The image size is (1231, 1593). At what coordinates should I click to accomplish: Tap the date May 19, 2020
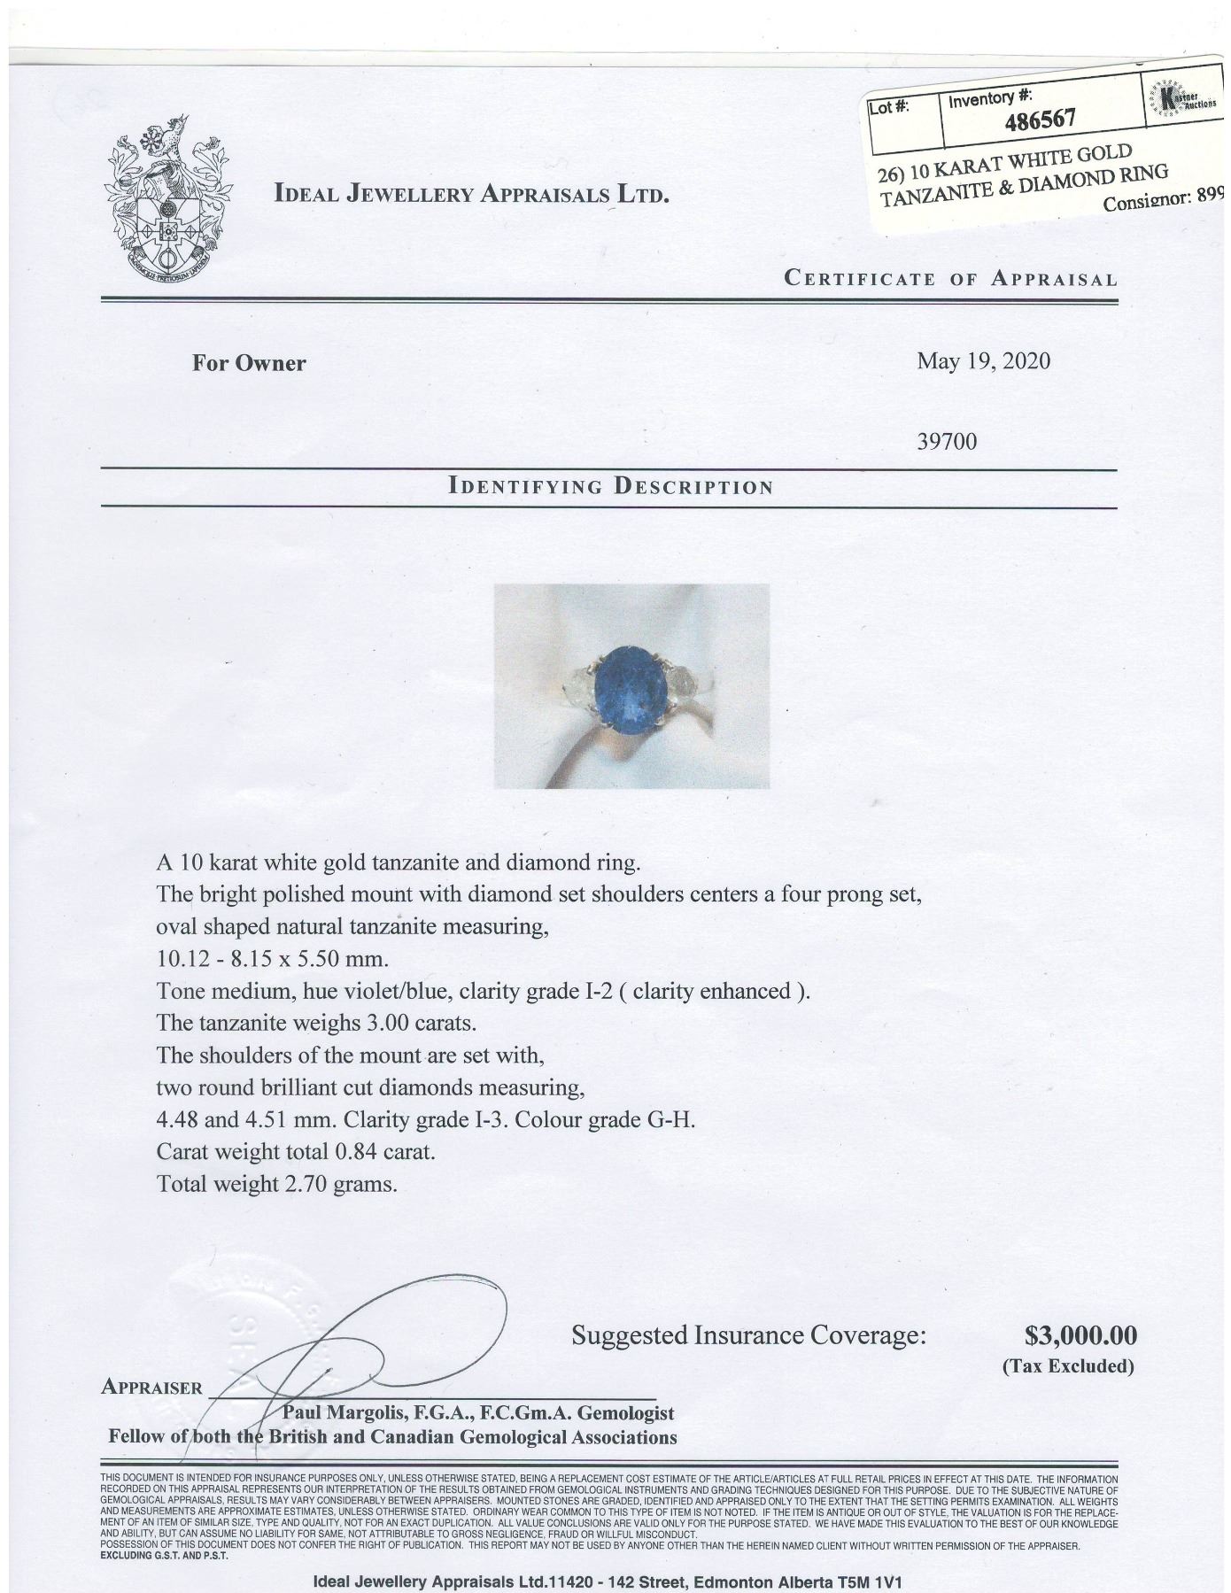[983, 361]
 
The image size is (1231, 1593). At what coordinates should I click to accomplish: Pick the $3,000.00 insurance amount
[1080, 1334]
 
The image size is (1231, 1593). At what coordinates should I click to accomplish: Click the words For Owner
[249, 363]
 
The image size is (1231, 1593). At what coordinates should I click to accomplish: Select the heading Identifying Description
[611, 486]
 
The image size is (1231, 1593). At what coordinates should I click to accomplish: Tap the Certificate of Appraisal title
[950, 279]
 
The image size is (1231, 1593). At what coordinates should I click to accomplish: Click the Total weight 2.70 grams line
[275, 1183]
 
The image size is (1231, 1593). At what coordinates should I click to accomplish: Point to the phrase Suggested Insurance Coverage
[748, 1335]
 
